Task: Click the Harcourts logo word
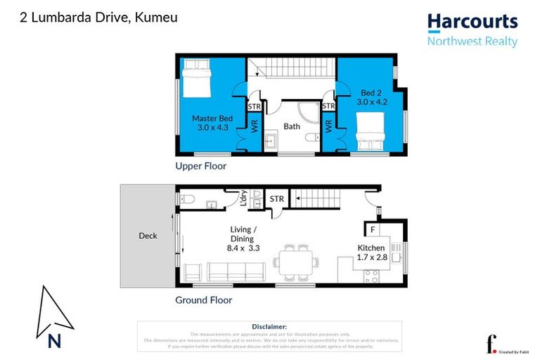coord(472,22)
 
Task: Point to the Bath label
coord(292,127)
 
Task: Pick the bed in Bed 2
coord(370,134)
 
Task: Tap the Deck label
coord(148,236)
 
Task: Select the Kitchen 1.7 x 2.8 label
coord(371,252)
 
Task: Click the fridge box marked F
coord(372,229)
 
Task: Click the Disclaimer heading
coord(269,326)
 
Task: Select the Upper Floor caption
coord(201,167)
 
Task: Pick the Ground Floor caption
coord(203,300)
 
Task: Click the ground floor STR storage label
coord(277,199)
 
